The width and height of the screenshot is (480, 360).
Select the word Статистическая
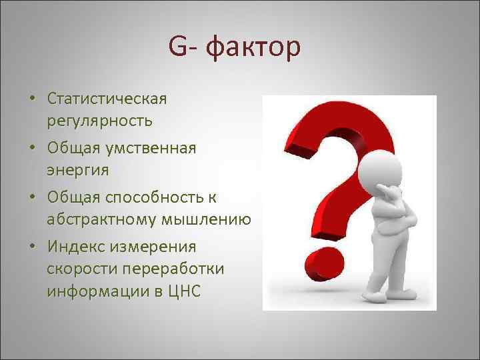(x=107, y=99)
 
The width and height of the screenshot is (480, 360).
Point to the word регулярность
(x=99, y=121)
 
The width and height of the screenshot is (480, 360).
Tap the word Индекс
(x=75, y=246)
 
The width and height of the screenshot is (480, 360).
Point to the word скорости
(x=77, y=269)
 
